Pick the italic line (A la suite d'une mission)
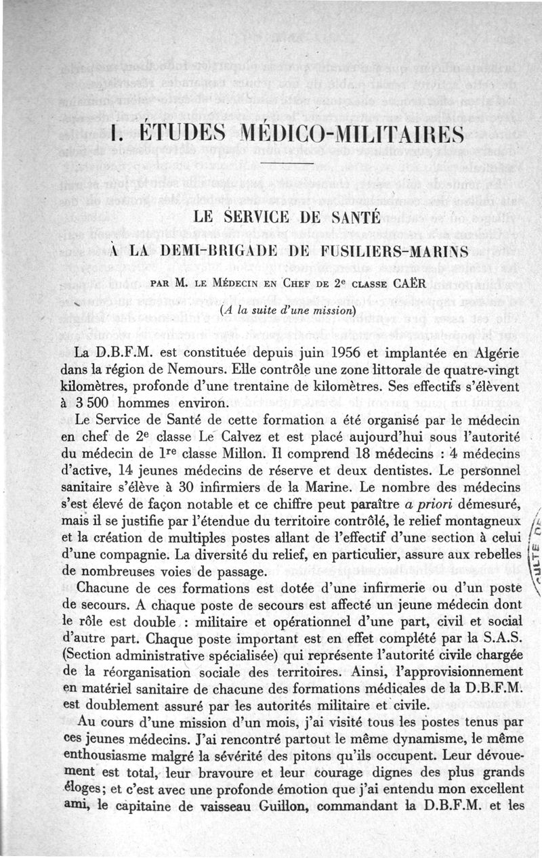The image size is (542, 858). pyautogui.click(x=289, y=311)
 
